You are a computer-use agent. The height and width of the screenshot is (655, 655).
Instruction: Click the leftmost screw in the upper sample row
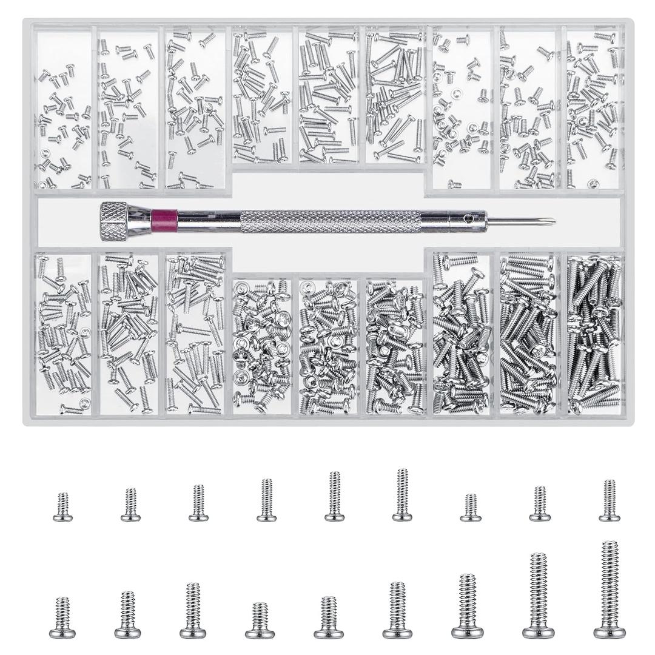click(x=62, y=507)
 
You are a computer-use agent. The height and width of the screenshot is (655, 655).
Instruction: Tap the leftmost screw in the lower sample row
click(x=62, y=617)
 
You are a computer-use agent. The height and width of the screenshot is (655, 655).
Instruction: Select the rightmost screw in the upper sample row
click(x=610, y=500)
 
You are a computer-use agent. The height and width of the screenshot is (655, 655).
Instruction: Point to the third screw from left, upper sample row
click(x=196, y=503)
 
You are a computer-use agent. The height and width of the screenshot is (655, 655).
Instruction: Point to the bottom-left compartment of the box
click(x=63, y=334)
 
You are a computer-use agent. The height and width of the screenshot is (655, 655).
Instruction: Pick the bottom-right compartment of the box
click(x=594, y=334)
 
